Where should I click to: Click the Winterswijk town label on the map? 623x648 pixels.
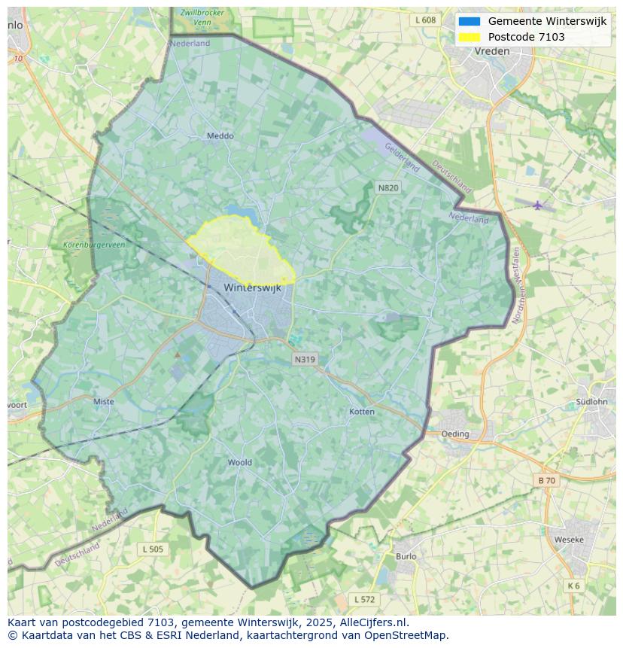[x=252, y=288]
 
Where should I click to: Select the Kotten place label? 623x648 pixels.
[x=362, y=412]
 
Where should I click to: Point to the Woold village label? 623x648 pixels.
[x=239, y=462]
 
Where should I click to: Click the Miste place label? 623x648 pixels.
[x=104, y=401]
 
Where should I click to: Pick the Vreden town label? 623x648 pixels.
[x=492, y=51]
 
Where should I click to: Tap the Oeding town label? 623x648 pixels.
[x=455, y=434]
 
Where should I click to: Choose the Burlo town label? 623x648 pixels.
[x=406, y=556]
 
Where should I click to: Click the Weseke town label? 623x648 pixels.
[x=568, y=540]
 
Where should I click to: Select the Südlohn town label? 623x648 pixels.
[x=591, y=401]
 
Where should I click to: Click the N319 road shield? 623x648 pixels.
[x=305, y=360]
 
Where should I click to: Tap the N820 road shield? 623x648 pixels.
[x=387, y=187]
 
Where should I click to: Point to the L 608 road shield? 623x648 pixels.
[x=425, y=20]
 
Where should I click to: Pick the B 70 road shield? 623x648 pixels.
[x=546, y=480]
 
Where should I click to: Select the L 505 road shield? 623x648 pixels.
[x=153, y=549]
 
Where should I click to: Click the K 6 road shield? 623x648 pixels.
[x=574, y=586]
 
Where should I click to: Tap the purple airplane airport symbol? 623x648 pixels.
[x=537, y=205]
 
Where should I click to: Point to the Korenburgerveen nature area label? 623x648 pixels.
[x=95, y=245]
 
